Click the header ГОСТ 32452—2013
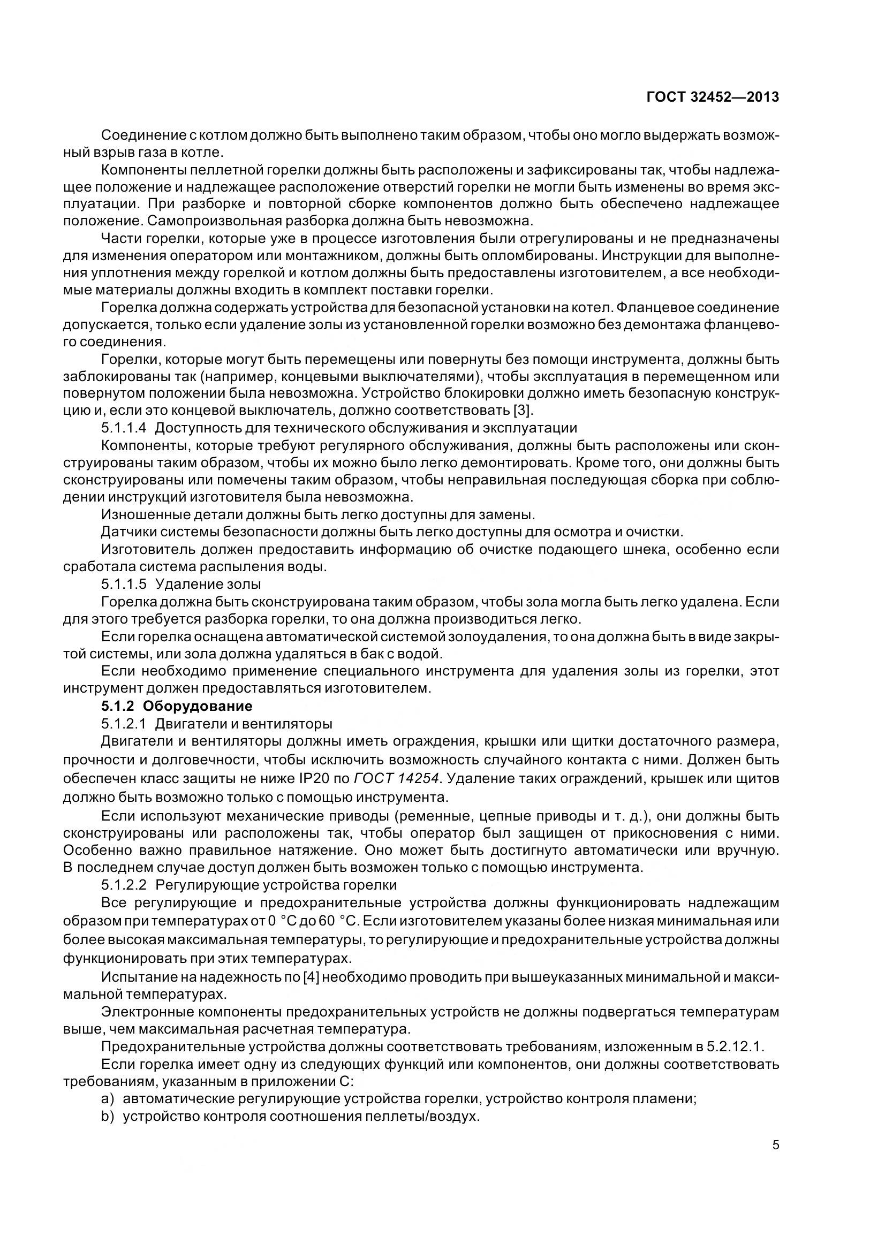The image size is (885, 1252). pyautogui.click(x=712, y=97)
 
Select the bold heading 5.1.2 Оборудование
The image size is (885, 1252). pyautogui.click(x=177, y=706)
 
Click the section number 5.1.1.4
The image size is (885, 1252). pyautogui.click(x=124, y=428)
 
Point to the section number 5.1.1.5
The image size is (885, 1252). pyautogui.click(x=124, y=584)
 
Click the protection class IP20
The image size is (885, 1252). pyautogui.click(x=305, y=778)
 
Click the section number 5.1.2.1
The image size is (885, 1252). pyautogui.click(x=124, y=724)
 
